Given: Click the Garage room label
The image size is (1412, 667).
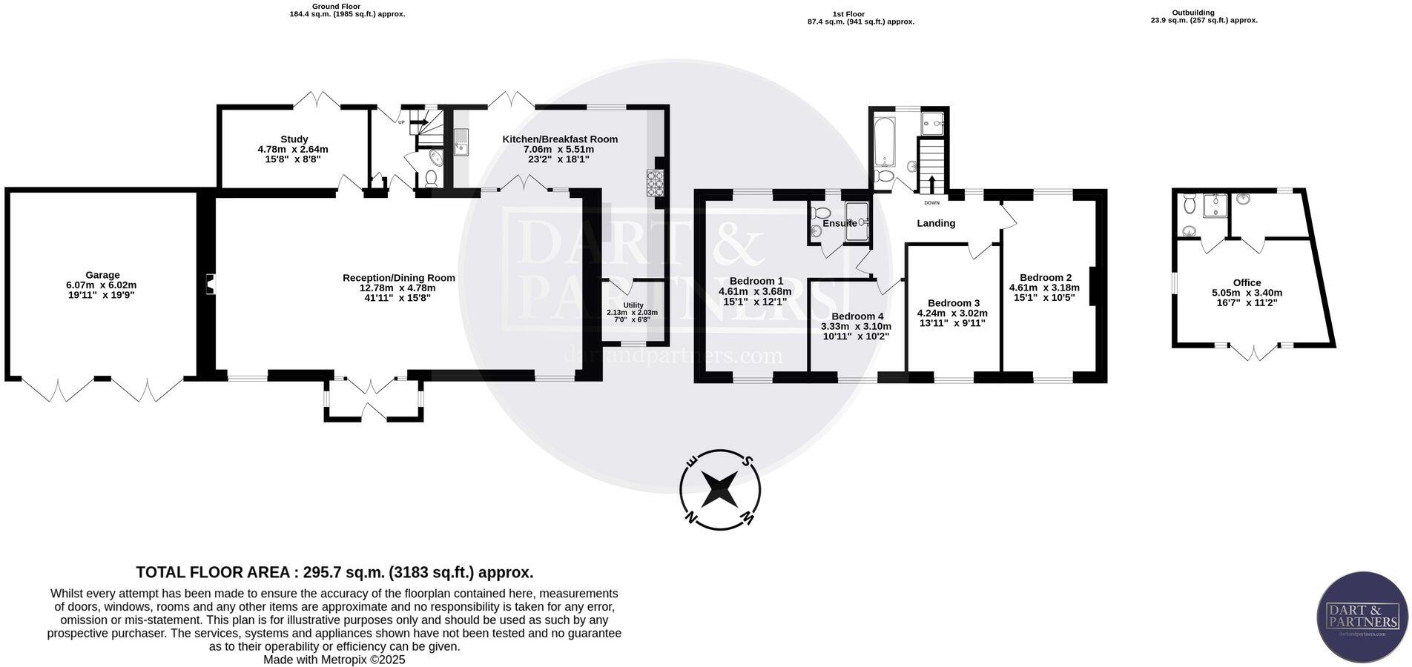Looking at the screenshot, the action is [102, 275].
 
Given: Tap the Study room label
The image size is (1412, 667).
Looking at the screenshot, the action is [294, 139].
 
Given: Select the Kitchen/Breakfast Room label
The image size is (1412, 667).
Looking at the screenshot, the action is [560, 139].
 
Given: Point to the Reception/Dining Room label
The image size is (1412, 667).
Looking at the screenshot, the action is [399, 278].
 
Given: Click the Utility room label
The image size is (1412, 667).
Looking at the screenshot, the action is [633, 305].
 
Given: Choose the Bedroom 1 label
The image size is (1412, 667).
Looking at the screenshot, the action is [756, 281].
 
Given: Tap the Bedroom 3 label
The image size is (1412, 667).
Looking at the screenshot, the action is [954, 303].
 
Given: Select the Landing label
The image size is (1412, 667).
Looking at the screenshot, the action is [936, 223].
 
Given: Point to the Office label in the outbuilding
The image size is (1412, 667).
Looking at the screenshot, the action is [1247, 282].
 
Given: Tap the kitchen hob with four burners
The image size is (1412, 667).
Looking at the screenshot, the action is [655, 183].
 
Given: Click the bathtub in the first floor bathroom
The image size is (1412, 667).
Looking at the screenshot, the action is [882, 142].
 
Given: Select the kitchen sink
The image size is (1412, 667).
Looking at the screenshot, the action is [462, 143].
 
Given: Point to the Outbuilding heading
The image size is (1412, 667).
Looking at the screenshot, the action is [1193, 12].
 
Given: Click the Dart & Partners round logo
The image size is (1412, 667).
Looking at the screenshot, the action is [1362, 617].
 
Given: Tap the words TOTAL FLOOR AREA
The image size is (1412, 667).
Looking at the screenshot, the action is [213, 573].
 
